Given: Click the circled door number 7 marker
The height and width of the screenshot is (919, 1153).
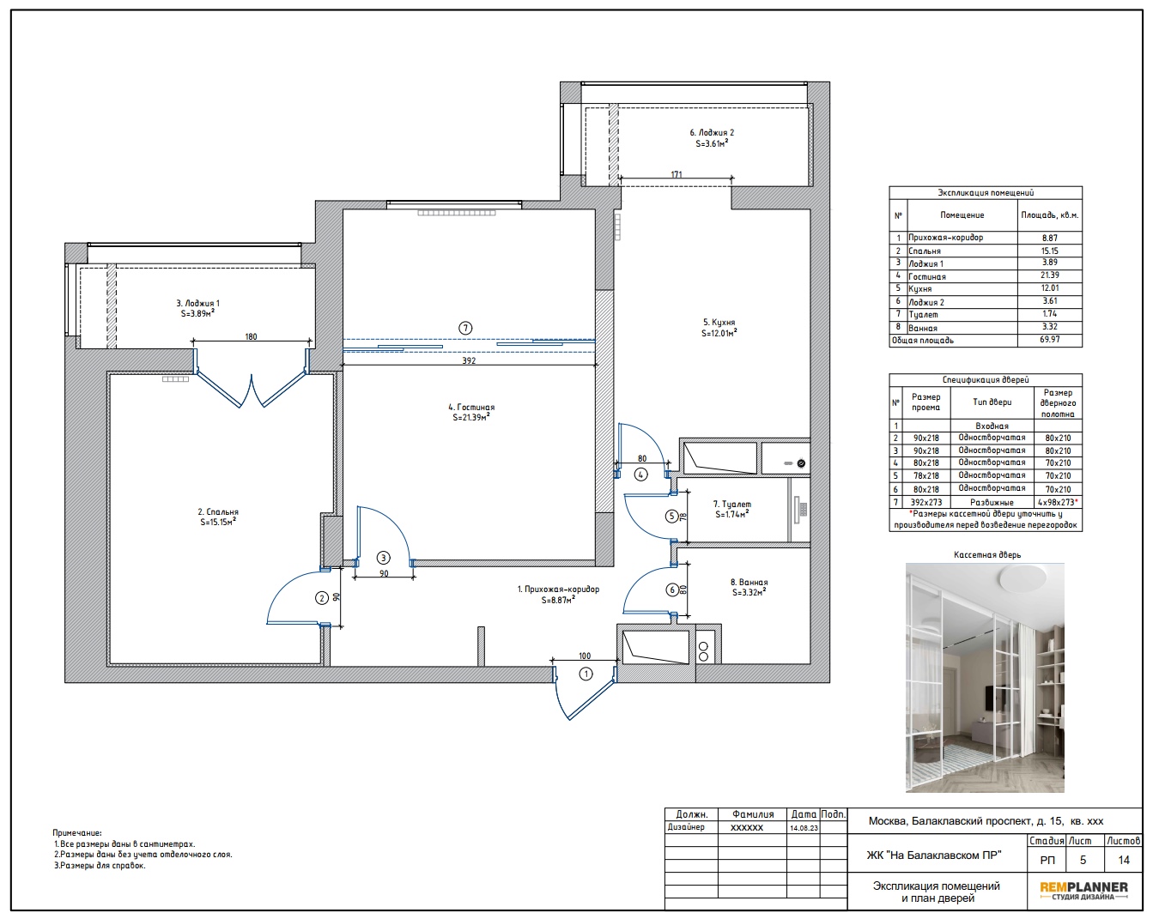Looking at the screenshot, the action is click(x=465, y=328).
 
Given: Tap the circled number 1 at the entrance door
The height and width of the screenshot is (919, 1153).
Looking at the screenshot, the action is click(x=586, y=674).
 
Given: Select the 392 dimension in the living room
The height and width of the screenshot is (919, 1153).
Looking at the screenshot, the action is click(x=469, y=360).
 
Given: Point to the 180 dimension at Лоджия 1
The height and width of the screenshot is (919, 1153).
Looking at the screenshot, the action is click(x=251, y=337).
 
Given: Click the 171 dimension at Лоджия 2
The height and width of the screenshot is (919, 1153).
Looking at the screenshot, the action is click(x=677, y=174).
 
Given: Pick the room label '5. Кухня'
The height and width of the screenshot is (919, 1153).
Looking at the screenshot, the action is click(x=719, y=323).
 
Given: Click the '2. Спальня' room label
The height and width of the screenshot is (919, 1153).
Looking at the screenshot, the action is click(x=218, y=512).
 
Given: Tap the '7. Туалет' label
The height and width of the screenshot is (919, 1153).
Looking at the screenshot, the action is click(x=731, y=504).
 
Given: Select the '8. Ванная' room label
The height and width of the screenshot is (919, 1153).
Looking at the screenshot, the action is click(x=749, y=582).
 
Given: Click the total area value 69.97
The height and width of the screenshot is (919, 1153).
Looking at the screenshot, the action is click(x=1049, y=340).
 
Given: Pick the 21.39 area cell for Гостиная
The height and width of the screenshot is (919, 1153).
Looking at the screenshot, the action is click(x=1049, y=275).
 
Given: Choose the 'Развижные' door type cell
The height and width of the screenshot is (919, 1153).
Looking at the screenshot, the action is click(x=992, y=502).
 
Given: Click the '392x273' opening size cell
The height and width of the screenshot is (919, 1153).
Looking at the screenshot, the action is click(x=925, y=502).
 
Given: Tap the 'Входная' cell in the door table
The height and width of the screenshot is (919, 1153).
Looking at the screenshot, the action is click(x=992, y=426).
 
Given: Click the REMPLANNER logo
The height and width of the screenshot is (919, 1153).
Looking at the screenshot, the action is click(x=1083, y=891).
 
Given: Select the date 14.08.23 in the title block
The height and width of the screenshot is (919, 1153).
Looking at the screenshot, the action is click(x=804, y=827).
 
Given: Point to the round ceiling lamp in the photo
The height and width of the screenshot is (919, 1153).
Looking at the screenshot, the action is click(x=1022, y=579).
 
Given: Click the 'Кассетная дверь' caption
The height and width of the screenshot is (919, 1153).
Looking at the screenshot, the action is click(x=987, y=555).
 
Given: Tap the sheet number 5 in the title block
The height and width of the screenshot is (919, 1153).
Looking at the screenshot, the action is click(x=1083, y=860).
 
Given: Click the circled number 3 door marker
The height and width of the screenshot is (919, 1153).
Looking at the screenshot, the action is click(x=383, y=558).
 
